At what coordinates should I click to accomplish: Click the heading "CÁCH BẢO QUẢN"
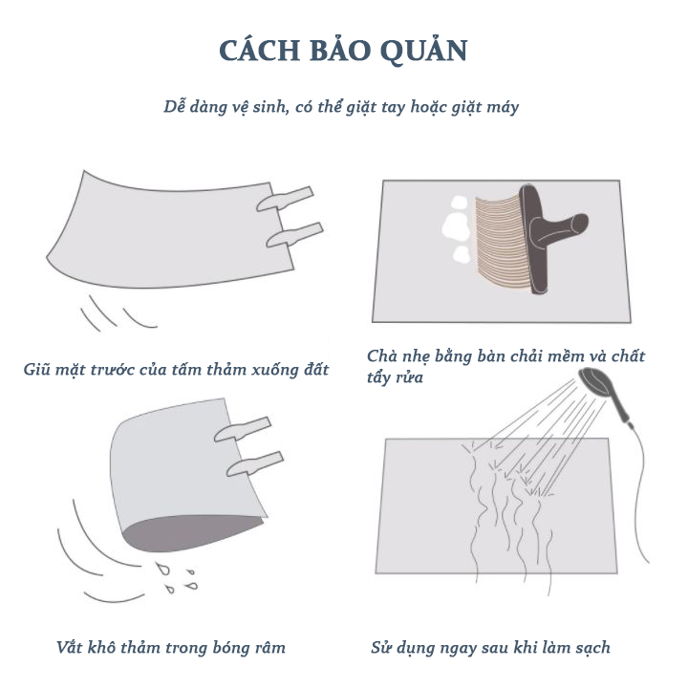pos(344,50)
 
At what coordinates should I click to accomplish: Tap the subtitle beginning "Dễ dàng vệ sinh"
pos(341,107)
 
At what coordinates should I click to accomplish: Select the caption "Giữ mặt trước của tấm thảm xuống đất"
pos(176,370)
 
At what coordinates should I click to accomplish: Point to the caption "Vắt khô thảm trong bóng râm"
pos(171,648)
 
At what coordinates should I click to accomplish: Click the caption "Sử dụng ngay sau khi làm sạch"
pos(490,648)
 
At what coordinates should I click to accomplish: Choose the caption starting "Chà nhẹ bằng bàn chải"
pos(505,366)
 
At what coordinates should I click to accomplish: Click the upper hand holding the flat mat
pos(285,199)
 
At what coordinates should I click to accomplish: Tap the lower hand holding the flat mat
pos(295,235)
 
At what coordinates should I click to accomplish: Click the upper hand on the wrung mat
pos(243,429)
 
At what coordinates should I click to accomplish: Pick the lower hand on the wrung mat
pos(255,463)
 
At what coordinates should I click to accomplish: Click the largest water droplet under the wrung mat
pos(162,569)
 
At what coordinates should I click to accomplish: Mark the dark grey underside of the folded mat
pos(188,532)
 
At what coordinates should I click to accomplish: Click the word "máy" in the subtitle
pos(504,108)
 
